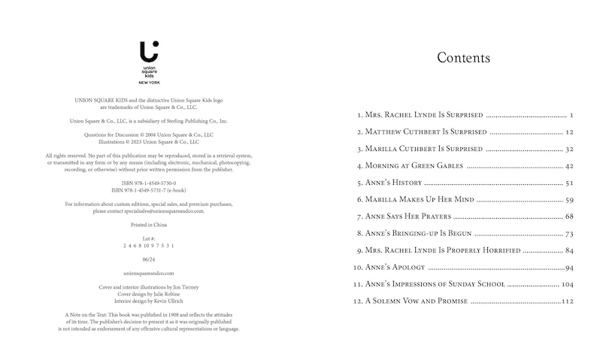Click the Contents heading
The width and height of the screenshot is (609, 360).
[x=463, y=58]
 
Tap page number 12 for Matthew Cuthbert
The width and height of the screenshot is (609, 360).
[x=569, y=132]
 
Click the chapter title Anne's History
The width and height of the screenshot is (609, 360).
[x=393, y=183]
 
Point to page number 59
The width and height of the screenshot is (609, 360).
[x=569, y=200]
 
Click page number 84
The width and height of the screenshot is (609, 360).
[x=569, y=250]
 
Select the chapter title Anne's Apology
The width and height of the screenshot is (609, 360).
[x=395, y=268]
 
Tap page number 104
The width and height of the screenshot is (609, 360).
[x=567, y=284]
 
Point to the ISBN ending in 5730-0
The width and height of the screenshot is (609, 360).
[x=149, y=183]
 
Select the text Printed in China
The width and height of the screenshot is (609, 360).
[x=149, y=225]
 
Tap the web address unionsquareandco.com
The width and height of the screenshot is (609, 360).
[x=149, y=273]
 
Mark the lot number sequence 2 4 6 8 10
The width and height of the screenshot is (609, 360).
[x=149, y=246]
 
